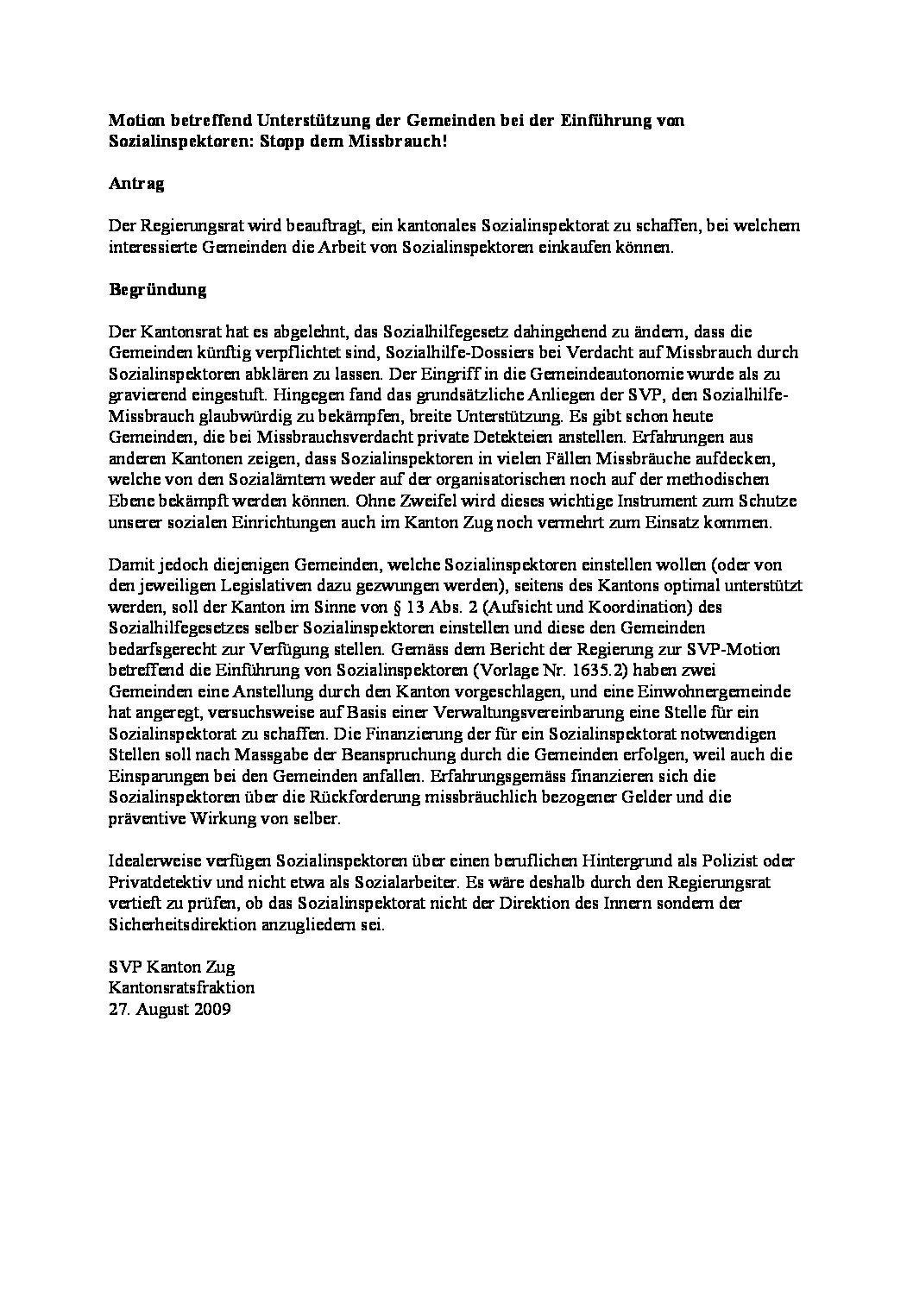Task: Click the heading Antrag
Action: tap(136, 184)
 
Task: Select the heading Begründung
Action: tap(157, 290)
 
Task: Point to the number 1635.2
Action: tap(576, 669)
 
